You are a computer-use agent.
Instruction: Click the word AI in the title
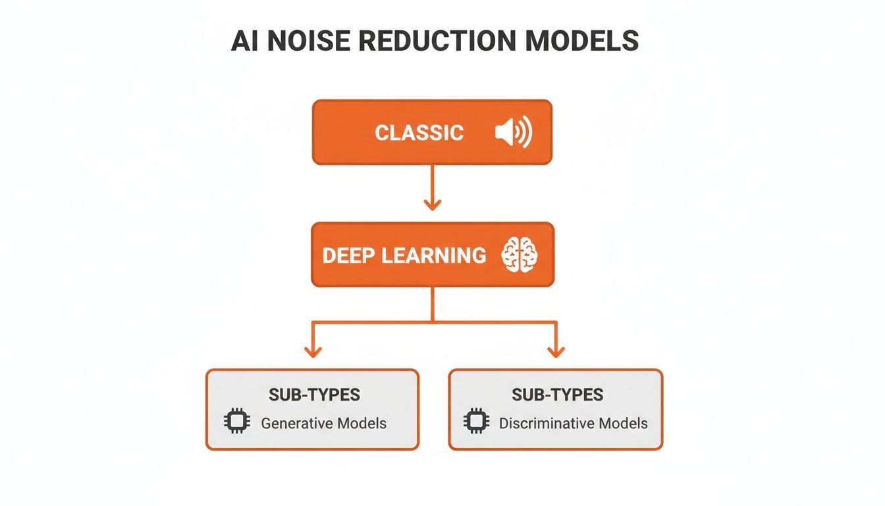click(x=244, y=41)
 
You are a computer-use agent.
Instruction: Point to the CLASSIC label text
click(x=419, y=133)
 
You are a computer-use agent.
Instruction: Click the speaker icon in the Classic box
click(x=513, y=133)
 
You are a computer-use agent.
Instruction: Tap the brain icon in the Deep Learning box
click(x=520, y=255)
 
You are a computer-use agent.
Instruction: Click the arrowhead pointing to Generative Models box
click(x=313, y=351)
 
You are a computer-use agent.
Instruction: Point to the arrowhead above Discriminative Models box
click(x=556, y=351)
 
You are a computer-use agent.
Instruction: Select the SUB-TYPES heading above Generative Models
click(x=314, y=395)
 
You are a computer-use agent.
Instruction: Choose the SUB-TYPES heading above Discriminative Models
click(x=557, y=395)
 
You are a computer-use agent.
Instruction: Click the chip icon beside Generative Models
click(x=237, y=422)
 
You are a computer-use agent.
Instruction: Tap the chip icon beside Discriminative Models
click(x=475, y=422)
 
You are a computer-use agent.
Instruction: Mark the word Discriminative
click(x=546, y=423)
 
